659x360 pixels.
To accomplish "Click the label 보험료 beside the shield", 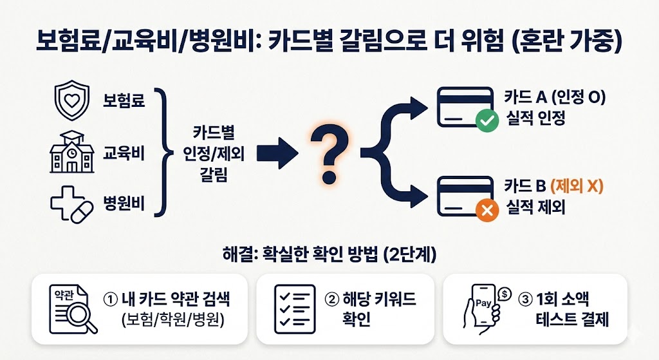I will (124, 101).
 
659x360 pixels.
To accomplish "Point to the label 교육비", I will (124, 154).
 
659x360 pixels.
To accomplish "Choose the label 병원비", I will (124, 205).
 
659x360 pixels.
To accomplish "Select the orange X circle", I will (486, 209).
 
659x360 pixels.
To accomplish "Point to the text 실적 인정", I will (535, 118).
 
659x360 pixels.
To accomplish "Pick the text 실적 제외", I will (535, 207).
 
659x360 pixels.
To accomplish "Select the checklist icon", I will (295, 308).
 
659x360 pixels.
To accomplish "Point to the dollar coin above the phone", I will (505, 294).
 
